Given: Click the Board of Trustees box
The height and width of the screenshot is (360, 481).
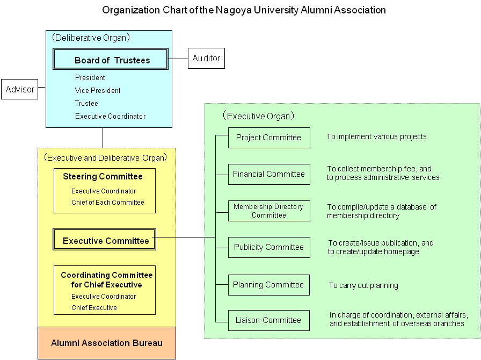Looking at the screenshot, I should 111,60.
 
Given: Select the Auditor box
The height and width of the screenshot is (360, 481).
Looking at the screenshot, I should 206,58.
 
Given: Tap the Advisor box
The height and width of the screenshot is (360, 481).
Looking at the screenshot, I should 20,90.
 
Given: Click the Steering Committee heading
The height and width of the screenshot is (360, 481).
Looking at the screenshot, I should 103,177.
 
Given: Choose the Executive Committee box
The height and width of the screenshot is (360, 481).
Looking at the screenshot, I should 105,241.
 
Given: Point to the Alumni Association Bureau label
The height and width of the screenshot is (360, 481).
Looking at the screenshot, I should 106,343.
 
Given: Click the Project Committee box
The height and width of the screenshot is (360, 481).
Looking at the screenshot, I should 268,138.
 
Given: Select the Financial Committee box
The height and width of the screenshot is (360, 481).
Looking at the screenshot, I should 268,174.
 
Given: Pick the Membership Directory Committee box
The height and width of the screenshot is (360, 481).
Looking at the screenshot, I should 268,211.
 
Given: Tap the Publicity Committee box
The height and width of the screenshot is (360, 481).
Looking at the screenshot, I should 268,247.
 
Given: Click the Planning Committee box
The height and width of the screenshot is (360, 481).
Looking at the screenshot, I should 268,285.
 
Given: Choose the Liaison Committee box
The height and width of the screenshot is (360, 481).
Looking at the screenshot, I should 268,320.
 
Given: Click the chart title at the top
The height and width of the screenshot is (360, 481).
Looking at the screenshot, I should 244,10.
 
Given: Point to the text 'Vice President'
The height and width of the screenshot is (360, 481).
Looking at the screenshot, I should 98,91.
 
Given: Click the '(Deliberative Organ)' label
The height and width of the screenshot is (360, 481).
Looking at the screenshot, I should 91,38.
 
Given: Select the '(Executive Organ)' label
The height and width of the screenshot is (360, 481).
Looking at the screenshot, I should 258,116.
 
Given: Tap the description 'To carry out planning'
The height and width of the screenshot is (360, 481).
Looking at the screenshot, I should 363,286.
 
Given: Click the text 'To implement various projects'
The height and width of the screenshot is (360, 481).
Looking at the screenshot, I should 376,137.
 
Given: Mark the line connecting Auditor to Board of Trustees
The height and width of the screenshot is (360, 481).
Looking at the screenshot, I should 178,58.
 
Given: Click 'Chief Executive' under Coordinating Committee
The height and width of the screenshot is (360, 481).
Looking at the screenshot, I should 94,308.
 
